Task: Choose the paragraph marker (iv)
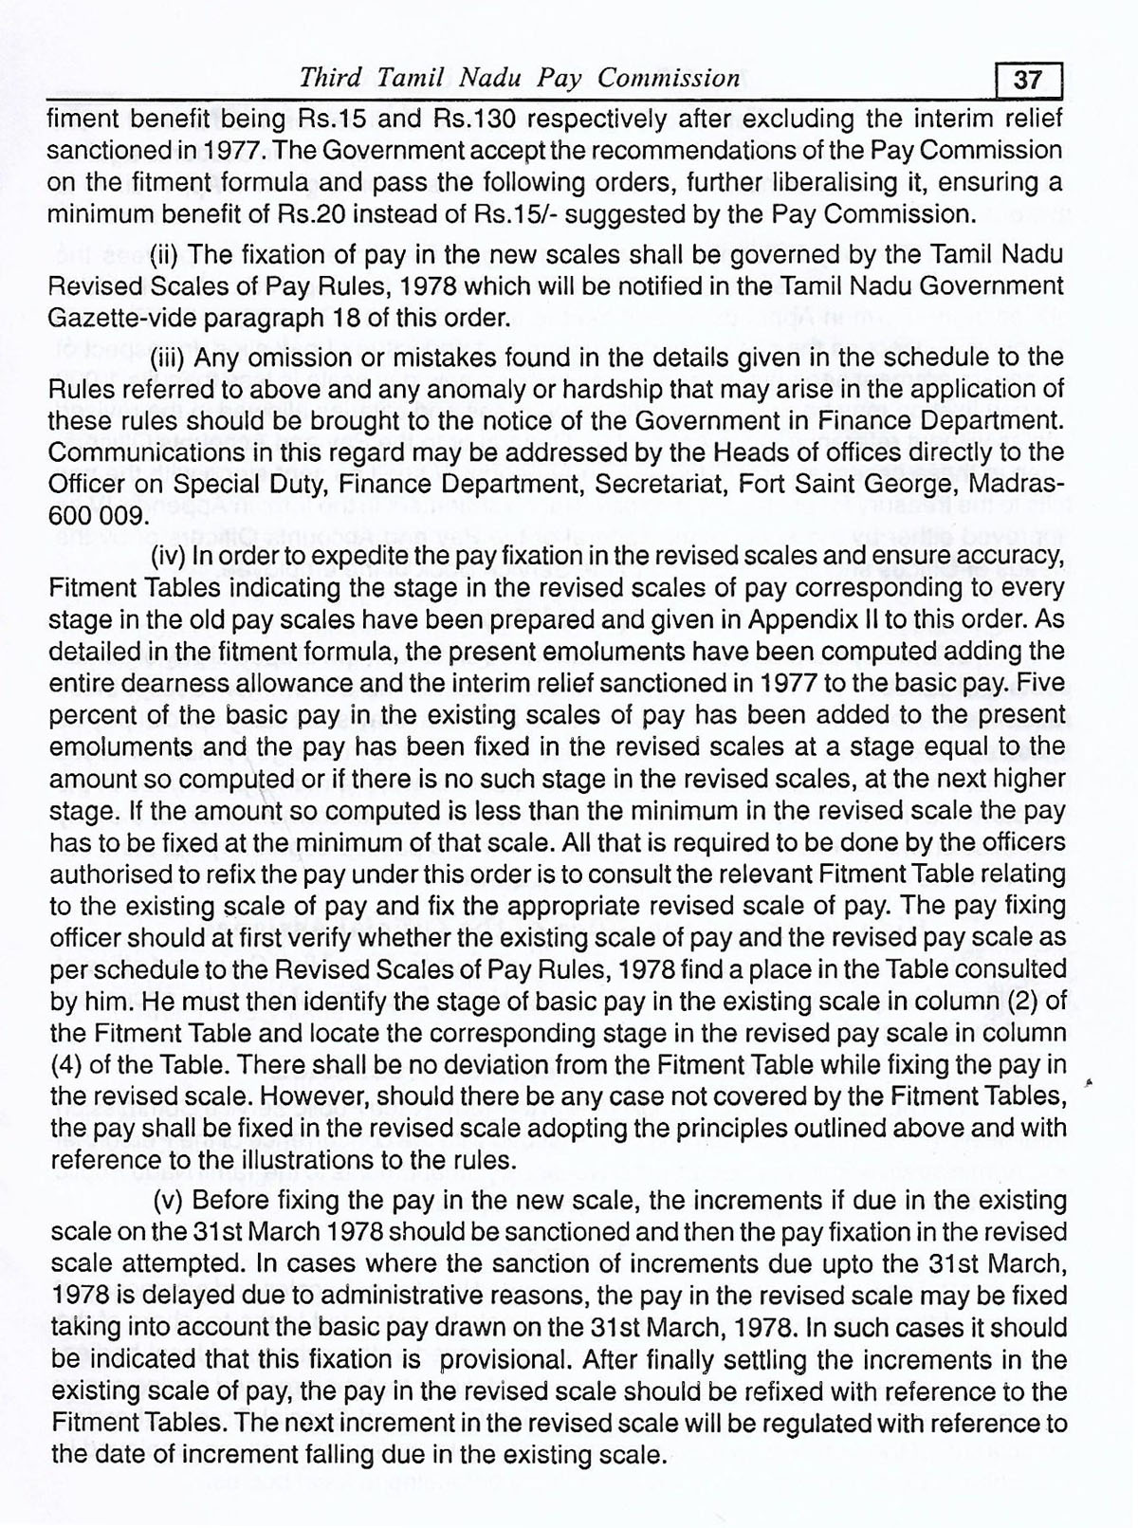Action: click(x=171, y=555)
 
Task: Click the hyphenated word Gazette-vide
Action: click(x=115, y=318)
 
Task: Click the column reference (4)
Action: click(x=66, y=1064)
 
